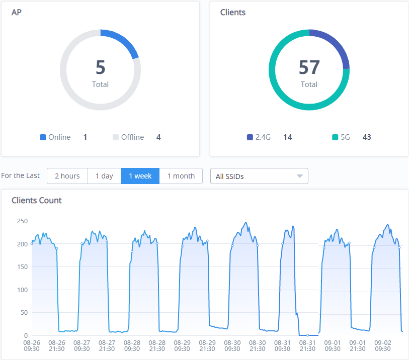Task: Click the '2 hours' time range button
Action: [67, 176]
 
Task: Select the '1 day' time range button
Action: [104, 176]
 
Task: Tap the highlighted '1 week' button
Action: [140, 176]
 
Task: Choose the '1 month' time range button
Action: [181, 176]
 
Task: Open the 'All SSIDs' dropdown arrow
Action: [300, 176]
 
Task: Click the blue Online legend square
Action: [43, 137]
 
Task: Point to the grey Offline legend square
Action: [116, 137]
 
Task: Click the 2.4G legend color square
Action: [250, 137]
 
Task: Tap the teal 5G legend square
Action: [335, 137]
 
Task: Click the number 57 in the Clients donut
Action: [309, 67]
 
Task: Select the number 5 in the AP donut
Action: [101, 67]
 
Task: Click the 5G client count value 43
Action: [367, 137]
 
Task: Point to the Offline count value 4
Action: [158, 137]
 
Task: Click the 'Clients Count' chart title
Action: [37, 200]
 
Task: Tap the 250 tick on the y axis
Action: [22, 221]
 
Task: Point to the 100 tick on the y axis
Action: [22, 290]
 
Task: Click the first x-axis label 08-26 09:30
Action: [31, 345]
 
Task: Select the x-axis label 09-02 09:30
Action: [383, 345]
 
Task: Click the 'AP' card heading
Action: [17, 12]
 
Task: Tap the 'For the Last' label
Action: [21, 176]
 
